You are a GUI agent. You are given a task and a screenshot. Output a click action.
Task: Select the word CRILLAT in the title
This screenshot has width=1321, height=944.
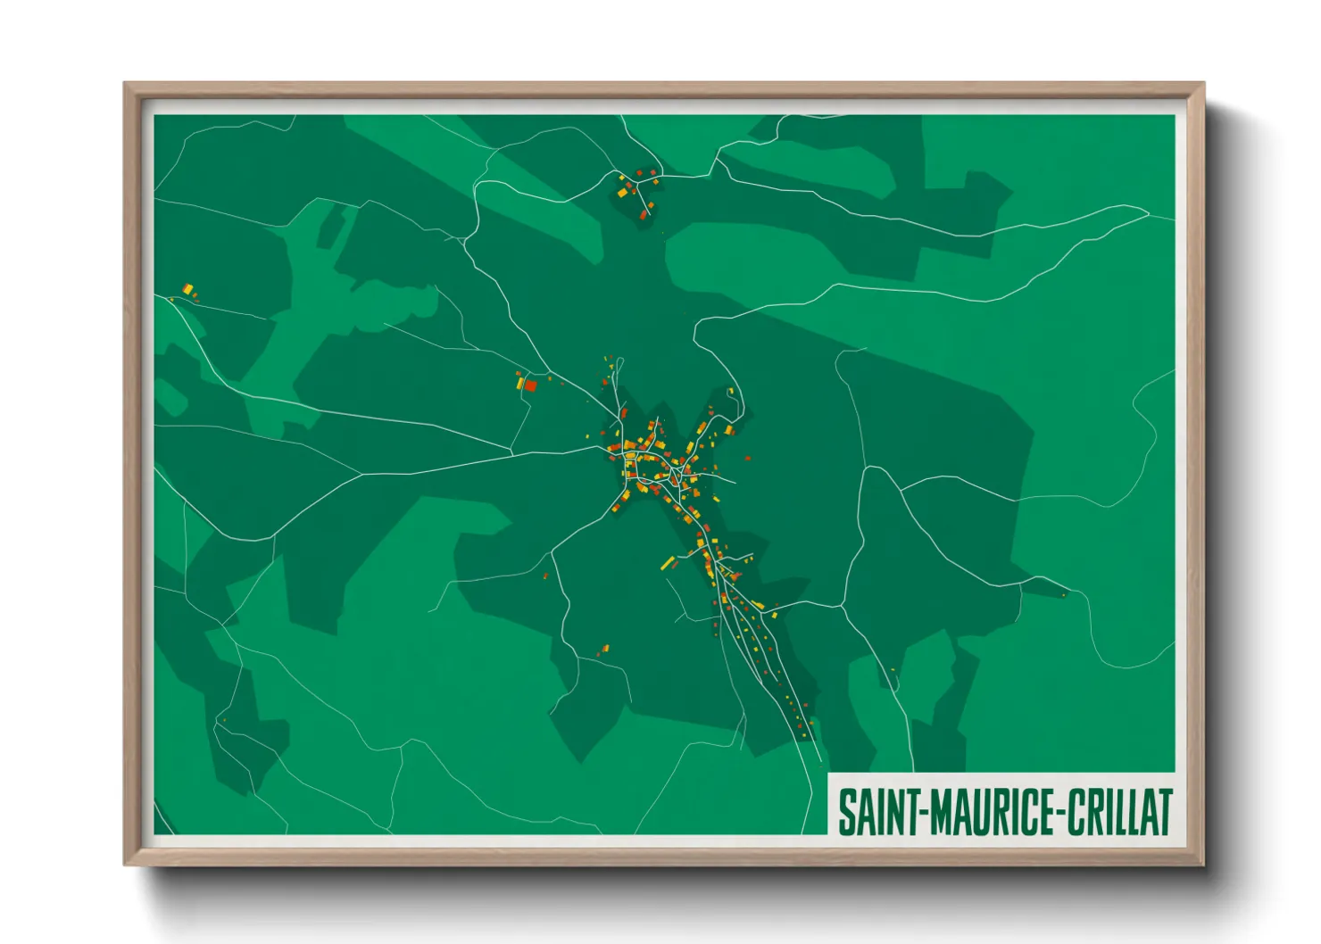click(1119, 812)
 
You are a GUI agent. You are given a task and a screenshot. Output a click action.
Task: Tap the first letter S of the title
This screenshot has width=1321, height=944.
click(846, 812)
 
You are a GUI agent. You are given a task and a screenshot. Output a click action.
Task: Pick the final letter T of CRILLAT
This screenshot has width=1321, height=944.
click(1163, 812)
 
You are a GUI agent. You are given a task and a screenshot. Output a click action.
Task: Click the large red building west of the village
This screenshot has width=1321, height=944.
click(530, 385)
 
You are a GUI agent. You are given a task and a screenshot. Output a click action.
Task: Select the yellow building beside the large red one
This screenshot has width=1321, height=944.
click(519, 383)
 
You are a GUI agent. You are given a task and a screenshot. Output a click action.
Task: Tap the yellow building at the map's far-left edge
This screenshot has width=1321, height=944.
click(187, 288)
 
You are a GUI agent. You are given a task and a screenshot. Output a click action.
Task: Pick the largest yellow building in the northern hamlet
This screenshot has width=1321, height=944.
click(623, 191)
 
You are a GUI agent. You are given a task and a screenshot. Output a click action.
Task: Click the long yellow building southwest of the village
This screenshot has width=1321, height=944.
click(667, 563)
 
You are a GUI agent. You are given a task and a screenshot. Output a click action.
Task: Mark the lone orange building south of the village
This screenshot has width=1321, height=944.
click(604, 649)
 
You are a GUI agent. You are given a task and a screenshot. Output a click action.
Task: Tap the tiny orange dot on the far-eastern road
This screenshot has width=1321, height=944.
click(1064, 594)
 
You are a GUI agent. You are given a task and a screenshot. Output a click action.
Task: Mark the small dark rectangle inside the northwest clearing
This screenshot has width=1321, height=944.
click(330, 228)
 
